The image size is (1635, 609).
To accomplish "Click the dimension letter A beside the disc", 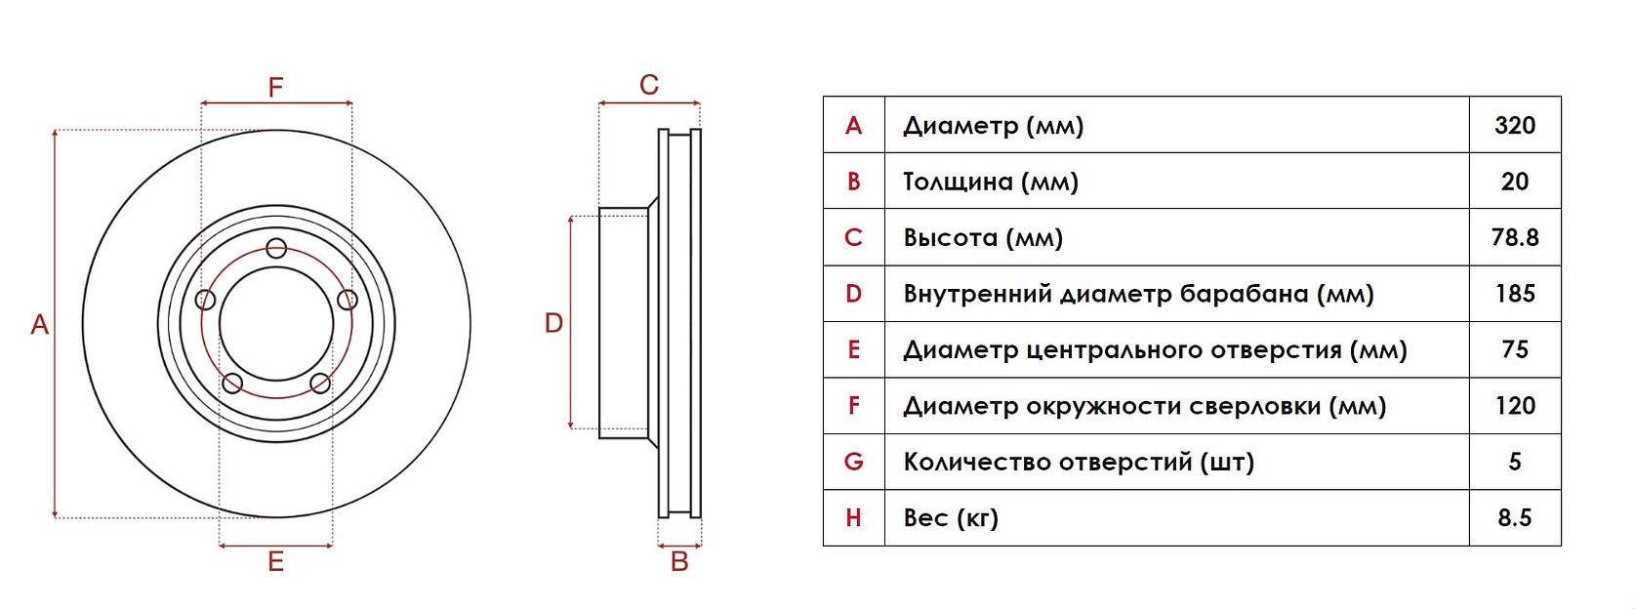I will click(39, 325).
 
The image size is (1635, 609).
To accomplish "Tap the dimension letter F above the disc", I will click(276, 88).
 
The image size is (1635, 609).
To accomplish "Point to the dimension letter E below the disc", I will click(276, 562).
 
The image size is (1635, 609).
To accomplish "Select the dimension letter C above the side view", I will click(649, 86).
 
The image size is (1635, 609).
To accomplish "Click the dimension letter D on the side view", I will click(553, 323).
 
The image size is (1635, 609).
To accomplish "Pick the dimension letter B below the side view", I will click(679, 562).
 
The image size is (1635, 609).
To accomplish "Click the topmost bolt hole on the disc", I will click(276, 248).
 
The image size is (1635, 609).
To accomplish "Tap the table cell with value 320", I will click(1514, 125).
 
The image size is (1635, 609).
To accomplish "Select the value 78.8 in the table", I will click(1514, 237).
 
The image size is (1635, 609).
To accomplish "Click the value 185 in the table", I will click(1514, 293).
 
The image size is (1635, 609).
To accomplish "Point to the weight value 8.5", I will click(1514, 517).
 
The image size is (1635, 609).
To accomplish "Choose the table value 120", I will click(1514, 405).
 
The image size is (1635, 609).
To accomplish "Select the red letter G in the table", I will click(853, 462).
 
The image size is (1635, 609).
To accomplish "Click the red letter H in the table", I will click(853, 517).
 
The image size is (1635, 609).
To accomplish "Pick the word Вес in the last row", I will click(924, 517).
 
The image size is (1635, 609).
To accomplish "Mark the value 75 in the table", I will click(1514, 349).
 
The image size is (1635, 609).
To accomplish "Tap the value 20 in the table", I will click(1514, 182).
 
